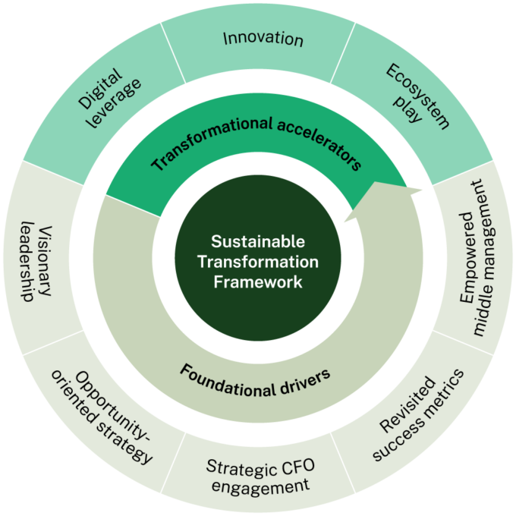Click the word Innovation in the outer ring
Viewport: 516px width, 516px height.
pyautogui.click(x=263, y=39)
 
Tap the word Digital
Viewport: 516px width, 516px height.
pyautogui.click(x=99, y=89)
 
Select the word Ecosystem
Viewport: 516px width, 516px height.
pyautogui.click(x=417, y=96)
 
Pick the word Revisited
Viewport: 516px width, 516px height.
pyautogui.click(x=407, y=404)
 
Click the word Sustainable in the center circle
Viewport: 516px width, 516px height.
pyautogui.click(x=258, y=241)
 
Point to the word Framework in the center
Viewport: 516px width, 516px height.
pyautogui.click(x=258, y=282)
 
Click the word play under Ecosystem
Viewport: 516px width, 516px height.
pyautogui.click(x=408, y=109)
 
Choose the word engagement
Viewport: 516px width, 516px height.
pyautogui.click(x=260, y=486)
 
